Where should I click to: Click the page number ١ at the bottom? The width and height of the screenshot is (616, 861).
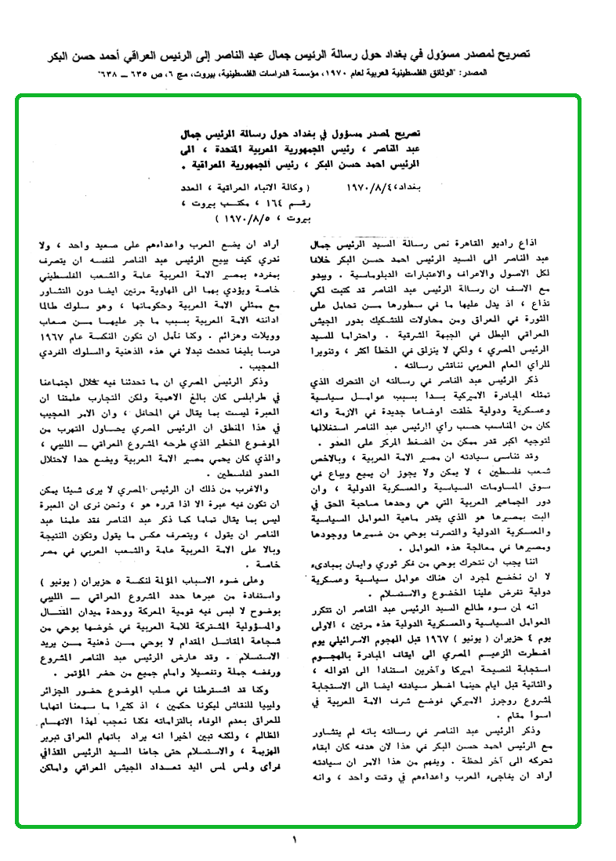coord(295,841)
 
